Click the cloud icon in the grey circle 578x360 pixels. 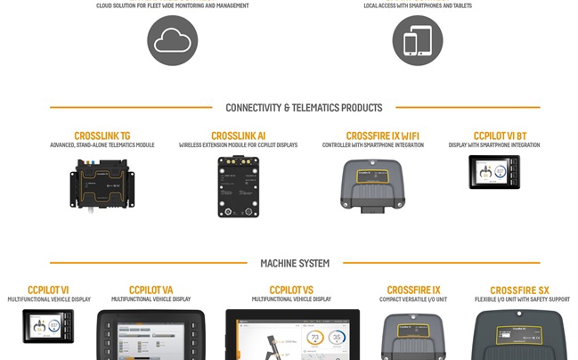[x=172, y=40]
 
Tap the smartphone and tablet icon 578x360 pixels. [x=418, y=40]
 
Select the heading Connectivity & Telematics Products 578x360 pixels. [x=304, y=108]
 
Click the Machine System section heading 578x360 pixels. [x=295, y=263]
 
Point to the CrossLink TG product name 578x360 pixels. [x=102, y=136]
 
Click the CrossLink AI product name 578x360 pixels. [x=238, y=136]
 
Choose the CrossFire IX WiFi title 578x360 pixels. [x=382, y=136]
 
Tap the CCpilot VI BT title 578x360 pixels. [x=500, y=136]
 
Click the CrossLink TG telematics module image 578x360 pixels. [x=102, y=184]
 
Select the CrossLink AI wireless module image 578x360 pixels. [x=238, y=186]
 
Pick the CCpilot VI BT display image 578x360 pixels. [x=494, y=172]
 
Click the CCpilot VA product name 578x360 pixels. [x=151, y=290]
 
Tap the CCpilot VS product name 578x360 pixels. [x=292, y=290]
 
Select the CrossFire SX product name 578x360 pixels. [x=520, y=290]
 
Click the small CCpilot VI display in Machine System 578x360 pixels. [x=48, y=326]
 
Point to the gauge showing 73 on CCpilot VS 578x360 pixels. [x=315, y=338]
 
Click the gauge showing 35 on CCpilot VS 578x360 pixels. [x=337, y=338]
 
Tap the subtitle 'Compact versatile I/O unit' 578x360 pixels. [x=413, y=300]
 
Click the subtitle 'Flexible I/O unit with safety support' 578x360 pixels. [x=522, y=300]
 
